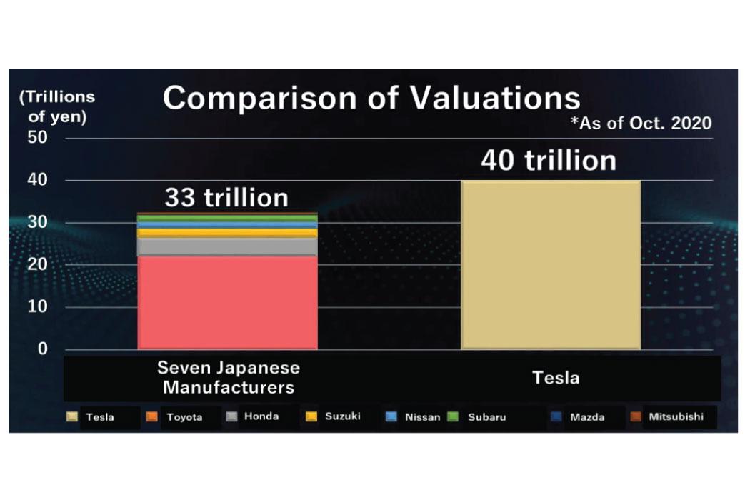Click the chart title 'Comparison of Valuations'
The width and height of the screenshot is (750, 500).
pos(371,98)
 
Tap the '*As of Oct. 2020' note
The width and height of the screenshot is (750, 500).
pos(641,124)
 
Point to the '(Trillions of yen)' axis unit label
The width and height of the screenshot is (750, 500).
pos(57,106)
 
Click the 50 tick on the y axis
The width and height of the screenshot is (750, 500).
pos(37,137)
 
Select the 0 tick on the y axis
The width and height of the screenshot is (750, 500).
pos(43,349)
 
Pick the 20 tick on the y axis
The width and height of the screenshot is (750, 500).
pos(37,264)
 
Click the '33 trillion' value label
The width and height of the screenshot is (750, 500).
pos(226,198)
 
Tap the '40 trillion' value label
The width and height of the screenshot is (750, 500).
pos(549,160)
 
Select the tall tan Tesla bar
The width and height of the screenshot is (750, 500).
pos(551,264)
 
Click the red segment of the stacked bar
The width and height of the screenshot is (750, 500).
pos(227,302)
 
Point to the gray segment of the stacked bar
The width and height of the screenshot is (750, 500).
pos(227,247)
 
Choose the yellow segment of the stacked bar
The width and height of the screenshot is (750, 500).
pos(227,233)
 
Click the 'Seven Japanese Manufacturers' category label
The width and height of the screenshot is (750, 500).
pos(229,378)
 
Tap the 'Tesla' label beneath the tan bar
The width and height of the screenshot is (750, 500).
pos(556,378)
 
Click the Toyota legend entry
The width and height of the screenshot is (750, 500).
pos(174,416)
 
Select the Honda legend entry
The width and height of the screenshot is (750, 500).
pos(252,416)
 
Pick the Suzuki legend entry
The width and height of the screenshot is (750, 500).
pos(333,416)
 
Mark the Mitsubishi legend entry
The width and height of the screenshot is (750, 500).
pos(666,416)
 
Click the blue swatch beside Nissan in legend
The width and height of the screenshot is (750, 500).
pos(391,416)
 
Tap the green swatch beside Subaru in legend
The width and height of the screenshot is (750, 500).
pos(452,416)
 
